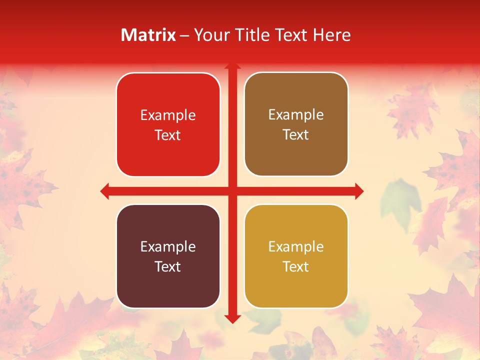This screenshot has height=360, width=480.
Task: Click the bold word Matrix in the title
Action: pyautogui.click(x=148, y=35)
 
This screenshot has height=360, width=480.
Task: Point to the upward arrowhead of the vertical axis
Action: pyautogui.click(x=232, y=66)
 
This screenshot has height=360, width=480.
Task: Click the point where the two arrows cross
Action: pyautogui.click(x=232, y=191)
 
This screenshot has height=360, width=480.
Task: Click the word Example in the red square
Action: pyautogui.click(x=168, y=115)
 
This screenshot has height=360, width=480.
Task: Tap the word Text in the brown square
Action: pyautogui.click(x=296, y=135)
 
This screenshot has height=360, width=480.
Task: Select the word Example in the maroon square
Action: pyautogui.click(x=168, y=247)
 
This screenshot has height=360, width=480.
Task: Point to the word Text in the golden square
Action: pyautogui.click(x=296, y=266)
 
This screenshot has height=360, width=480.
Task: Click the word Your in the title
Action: pyautogui.click(x=210, y=35)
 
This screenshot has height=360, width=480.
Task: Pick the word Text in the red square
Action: pyautogui.click(x=168, y=135)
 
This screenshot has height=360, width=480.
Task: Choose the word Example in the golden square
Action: pyautogui.click(x=296, y=247)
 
